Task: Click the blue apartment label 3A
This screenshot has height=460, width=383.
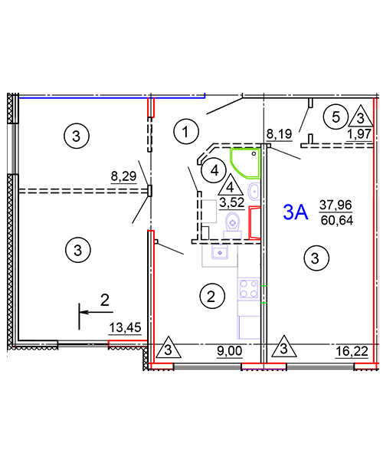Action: click(x=296, y=212)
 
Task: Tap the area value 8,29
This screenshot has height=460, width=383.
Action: click(x=123, y=176)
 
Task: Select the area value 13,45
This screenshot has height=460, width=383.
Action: click(x=125, y=327)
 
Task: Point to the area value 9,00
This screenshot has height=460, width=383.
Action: click(x=230, y=351)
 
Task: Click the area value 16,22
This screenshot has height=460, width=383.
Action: click(x=352, y=351)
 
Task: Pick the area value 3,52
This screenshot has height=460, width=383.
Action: click(x=232, y=202)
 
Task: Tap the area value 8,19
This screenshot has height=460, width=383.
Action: click(x=280, y=134)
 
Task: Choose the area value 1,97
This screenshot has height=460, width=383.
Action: click(x=359, y=134)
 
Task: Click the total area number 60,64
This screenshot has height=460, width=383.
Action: click(x=337, y=220)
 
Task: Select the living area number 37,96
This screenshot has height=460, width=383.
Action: click(x=336, y=205)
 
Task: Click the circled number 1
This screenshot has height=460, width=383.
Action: click(x=186, y=132)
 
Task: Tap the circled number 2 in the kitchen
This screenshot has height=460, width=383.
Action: click(x=212, y=296)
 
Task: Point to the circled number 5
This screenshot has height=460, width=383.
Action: click(x=336, y=117)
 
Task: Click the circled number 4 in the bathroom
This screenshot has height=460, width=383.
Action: click(x=214, y=170)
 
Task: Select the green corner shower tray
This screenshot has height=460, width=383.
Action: click(x=246, y=163)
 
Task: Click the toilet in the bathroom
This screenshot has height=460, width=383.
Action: click(x=233, y=225)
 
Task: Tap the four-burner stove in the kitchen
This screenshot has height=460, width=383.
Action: click(x=249, y=289)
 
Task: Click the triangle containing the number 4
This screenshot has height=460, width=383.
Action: click(x=231, y=185)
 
